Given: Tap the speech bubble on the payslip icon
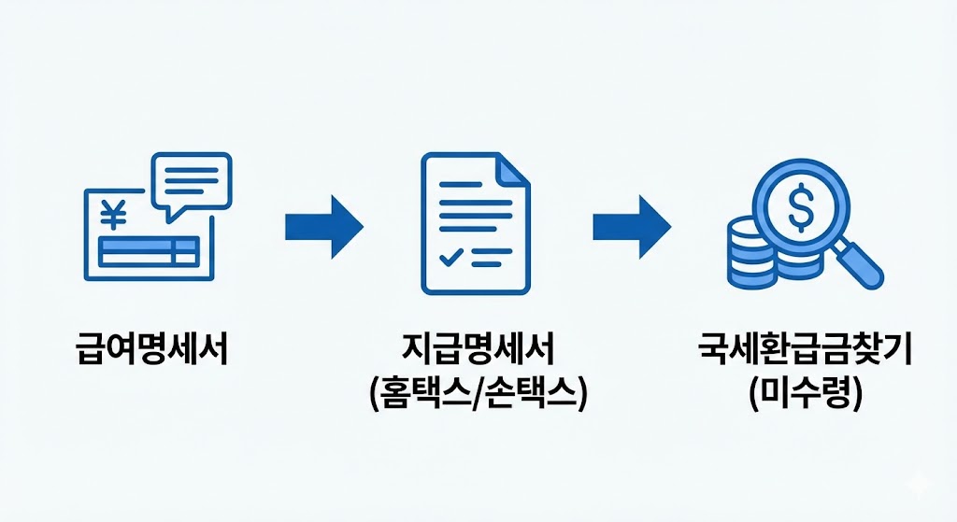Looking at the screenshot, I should pyautogui.click(x=192, y=183).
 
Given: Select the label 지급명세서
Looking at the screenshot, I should pyautogui.click(x=478, y=352).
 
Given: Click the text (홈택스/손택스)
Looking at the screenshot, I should pyautogui.click(x=478, y=393).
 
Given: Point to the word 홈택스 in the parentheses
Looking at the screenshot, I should pyautogui.click(x=423, y=393).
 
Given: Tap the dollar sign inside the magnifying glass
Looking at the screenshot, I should pyautogui.click(x=800, y=207).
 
